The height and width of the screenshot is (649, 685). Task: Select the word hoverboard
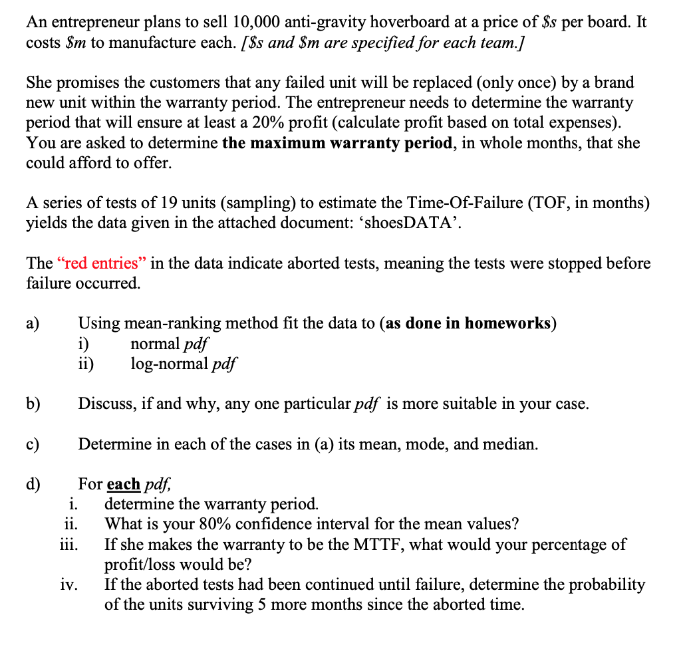pos(407,22)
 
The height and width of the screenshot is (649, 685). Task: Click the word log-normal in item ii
pos(162,364)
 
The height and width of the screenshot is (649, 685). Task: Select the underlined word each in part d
pos(123,484)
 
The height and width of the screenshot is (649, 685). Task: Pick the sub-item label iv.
pos(70,585)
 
